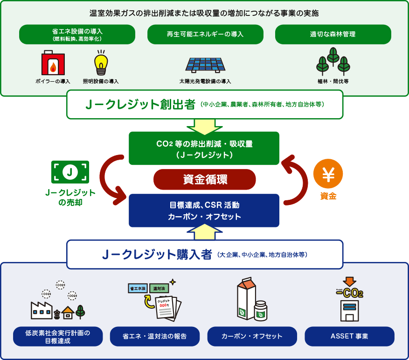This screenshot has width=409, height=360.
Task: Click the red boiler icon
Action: click(x=53, y=64)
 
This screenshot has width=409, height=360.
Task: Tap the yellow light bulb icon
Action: click(x=101, y=63)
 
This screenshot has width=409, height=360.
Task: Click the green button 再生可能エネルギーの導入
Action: click(x=205, y=34)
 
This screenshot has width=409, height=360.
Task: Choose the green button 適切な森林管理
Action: click(x=333, y=34)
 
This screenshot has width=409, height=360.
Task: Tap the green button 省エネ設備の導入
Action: click(x=77, y=34)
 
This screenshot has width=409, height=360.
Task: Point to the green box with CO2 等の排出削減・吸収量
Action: click(x=204, y=148)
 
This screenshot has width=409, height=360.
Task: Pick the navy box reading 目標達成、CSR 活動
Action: click(x=204, y=211)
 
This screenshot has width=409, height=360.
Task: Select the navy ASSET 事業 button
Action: click(x=349, y=336)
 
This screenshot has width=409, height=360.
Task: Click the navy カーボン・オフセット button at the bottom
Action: click(x=252, y=336)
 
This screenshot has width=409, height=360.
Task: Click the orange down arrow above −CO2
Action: click(x=349, y=282)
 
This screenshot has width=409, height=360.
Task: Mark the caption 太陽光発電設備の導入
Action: click(x=205, y=81)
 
